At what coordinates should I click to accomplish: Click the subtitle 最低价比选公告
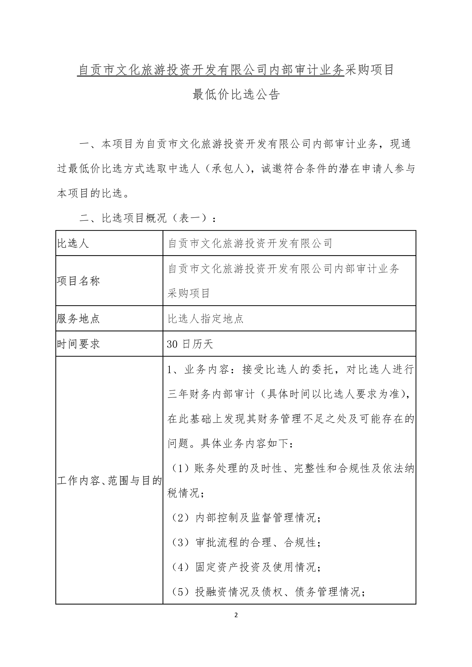[x=236, y=94]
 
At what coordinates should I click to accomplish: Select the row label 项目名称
[x=78, y=281]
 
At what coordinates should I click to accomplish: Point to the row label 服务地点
[x=78, y=319]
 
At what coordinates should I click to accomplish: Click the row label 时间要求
[x=78, y=344]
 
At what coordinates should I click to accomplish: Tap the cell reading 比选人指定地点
[x=206, y=319]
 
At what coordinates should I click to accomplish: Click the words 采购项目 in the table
[x=189, y=293]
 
